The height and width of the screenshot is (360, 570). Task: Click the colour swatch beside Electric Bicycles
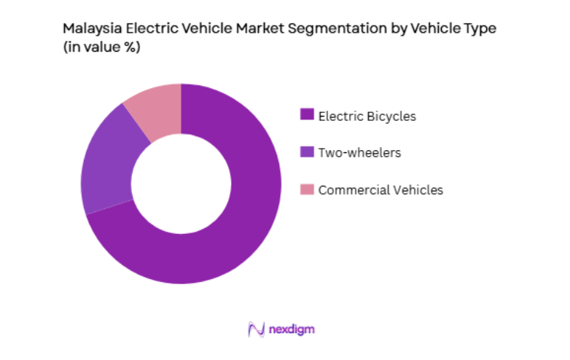[307, 115]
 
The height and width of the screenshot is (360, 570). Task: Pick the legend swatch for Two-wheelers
[307, 152]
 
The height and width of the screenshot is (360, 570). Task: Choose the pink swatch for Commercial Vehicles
[307, 189]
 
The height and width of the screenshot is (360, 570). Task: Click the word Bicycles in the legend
[391, 115]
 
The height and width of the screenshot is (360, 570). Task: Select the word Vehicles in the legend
[415, 189]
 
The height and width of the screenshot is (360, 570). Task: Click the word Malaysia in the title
[88, 30]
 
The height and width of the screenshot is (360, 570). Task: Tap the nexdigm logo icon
[256, 329]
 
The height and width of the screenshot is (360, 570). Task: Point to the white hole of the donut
[181, 184]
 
